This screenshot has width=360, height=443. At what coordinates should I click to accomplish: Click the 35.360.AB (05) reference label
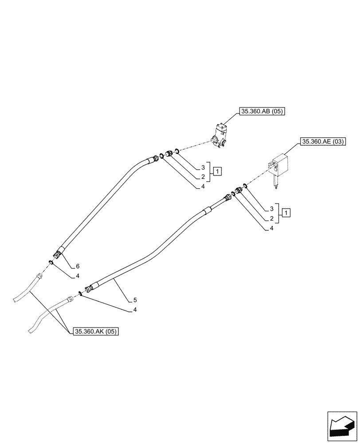(x=262, y=112)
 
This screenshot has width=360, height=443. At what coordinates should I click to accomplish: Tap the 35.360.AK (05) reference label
(x=96, y=331)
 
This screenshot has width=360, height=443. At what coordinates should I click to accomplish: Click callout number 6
(x=78, y=266)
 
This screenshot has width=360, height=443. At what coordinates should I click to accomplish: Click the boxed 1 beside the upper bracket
(x=217, y=171)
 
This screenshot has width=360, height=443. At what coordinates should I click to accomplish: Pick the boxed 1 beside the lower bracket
(x=287, y=213)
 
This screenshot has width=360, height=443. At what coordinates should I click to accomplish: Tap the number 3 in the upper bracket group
(x=203, y=167)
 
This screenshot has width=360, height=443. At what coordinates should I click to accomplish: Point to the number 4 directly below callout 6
(x=78, y=276)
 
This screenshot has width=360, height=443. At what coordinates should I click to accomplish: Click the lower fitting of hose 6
(x=57, y=255)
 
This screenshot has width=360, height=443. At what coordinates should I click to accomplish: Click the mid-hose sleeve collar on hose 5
(x=207, y=211)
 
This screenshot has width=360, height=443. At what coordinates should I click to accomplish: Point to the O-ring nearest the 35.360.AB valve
(x=176, y=152)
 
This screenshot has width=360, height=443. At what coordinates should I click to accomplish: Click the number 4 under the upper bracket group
(x=203, y=187)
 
